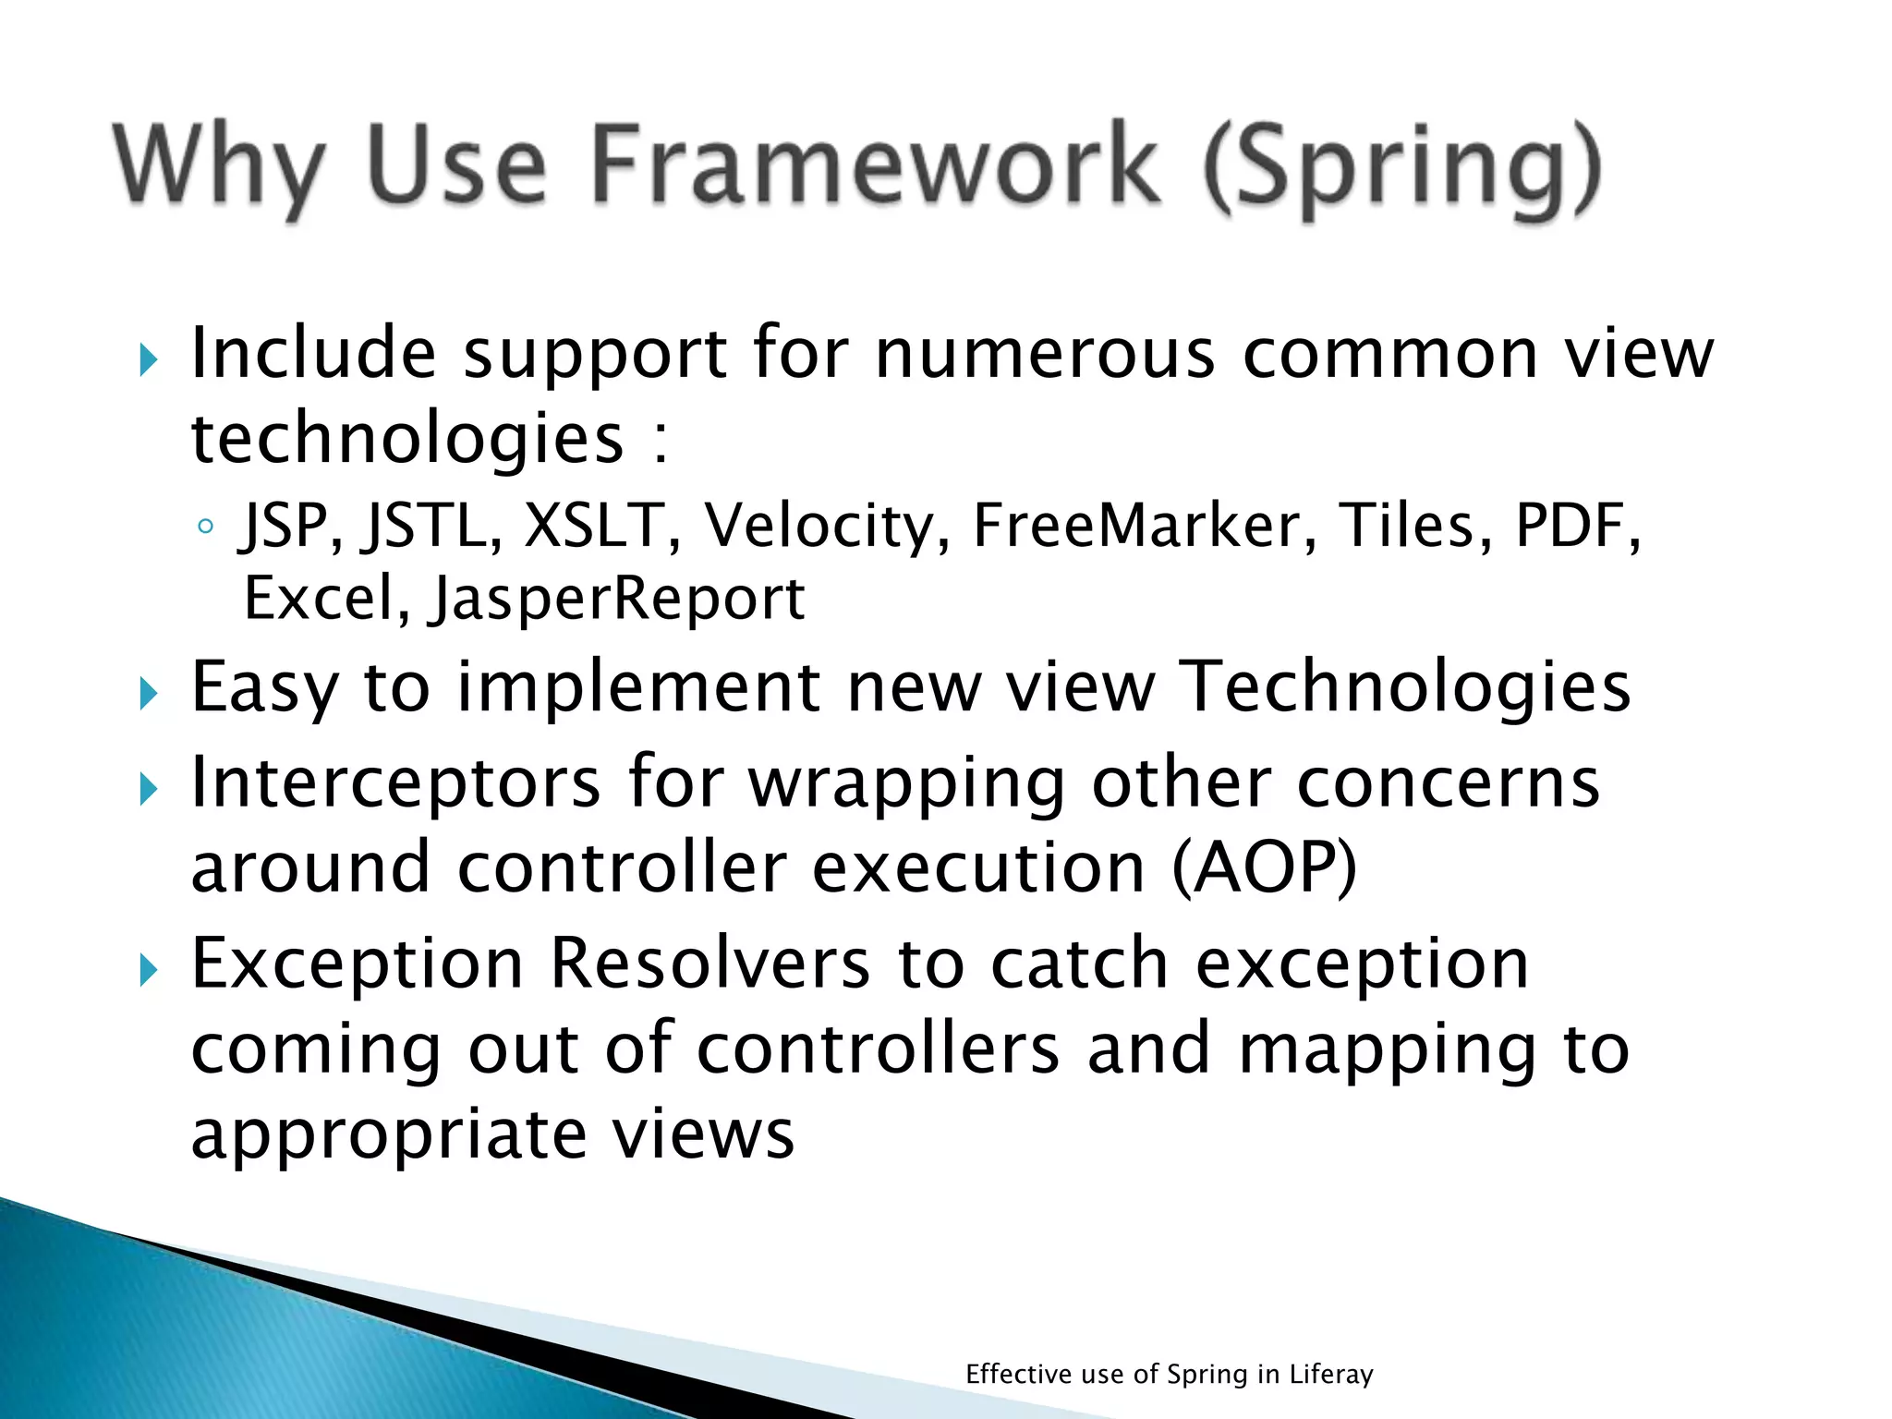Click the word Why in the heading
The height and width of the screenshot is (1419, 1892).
[220, 166]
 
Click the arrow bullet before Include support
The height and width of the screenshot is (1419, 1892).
[148, 359]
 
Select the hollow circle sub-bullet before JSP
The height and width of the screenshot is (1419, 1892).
[206, 528]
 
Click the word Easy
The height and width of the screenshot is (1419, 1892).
[263, 688]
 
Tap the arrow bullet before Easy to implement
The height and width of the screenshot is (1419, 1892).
[148, 693]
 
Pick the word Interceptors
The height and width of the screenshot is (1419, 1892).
[395, 782]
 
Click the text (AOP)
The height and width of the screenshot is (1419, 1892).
[1265, 867]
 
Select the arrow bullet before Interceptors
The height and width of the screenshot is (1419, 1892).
[148, 789]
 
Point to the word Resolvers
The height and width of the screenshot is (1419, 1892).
[709, 964]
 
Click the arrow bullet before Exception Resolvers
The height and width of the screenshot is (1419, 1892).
[148, 970]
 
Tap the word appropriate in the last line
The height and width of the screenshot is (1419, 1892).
[388, 1135]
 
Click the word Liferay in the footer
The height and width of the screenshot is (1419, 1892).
[1331, 1375]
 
